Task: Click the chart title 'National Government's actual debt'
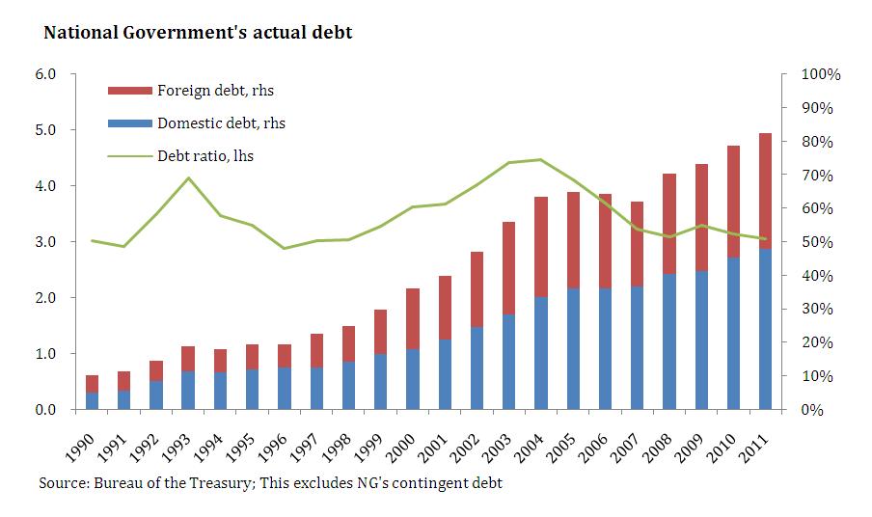click(198, 33)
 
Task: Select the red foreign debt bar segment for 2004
click(542, 247)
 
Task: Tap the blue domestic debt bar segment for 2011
click(765, 329)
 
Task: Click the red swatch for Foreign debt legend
click(129, 91)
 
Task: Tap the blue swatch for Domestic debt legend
click(129, 122)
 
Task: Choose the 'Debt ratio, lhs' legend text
click(205, 154)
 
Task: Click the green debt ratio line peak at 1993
click(189, 177)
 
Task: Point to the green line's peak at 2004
click(540, 159)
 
